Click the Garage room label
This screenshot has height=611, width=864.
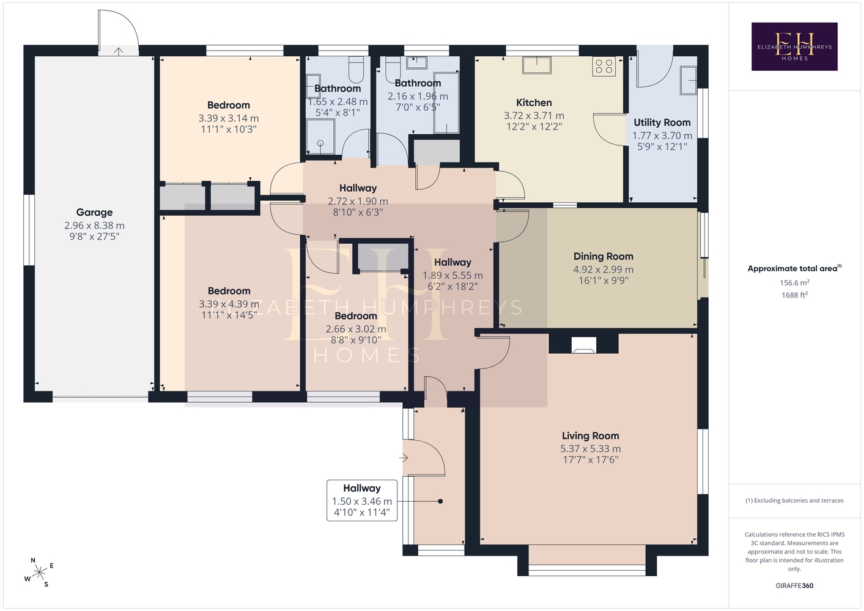point(95,212)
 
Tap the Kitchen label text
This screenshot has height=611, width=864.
point(534,103)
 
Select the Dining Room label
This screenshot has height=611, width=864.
point(604,257)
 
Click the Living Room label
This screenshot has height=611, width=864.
point(591,436)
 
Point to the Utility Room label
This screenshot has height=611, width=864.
point(662,123)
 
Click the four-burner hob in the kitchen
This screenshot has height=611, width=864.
point(604,67)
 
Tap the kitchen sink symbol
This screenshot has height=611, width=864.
point(536,65)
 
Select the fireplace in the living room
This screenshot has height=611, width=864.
point(583,345)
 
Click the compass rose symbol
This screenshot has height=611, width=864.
point(39,573)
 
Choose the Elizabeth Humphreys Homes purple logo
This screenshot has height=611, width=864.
point(794,46)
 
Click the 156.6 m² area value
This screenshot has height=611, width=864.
point(794,282)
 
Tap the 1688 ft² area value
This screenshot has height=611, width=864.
point(794,295)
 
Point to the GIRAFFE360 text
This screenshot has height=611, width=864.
point(794,585)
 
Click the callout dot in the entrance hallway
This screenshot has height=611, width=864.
point(440,502)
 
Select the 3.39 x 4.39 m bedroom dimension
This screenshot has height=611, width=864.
point(229,304)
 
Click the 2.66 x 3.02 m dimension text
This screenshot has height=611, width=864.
point(356,329)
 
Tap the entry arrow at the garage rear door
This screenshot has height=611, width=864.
point(119,51)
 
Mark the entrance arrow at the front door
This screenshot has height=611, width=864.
point(404,458)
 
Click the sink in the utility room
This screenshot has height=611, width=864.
point(688,80)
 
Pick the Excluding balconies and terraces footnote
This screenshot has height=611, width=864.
point(794,500)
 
